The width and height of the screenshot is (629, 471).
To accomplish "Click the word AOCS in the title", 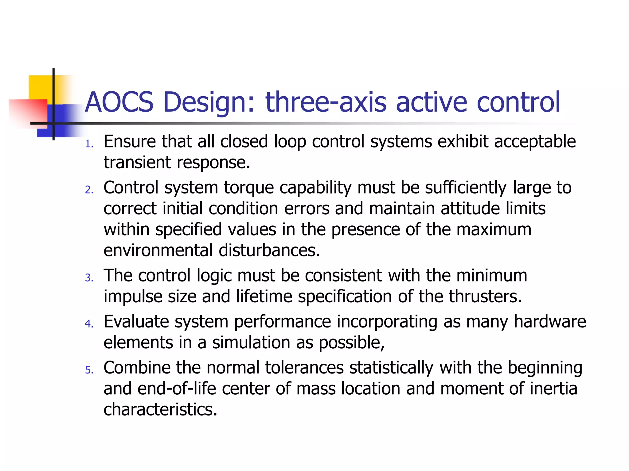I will [x=119, y=102].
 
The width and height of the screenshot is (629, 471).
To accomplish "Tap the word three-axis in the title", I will [x=326, y=102].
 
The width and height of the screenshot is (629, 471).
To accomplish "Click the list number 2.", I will [x=89, y=190].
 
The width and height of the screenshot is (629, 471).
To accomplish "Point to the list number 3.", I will [x=89, y=278].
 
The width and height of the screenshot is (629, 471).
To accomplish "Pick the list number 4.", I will [x=89, y=324].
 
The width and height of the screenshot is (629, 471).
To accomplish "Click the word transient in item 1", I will [x=137, y=163].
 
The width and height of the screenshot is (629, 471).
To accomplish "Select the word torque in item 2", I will [x=248, y=188].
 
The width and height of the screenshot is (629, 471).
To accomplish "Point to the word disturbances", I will [x=269, y=251].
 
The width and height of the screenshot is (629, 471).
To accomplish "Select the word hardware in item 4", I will [x=550, y=322].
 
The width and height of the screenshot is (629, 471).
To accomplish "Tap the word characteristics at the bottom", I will [x=160, y=410].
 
